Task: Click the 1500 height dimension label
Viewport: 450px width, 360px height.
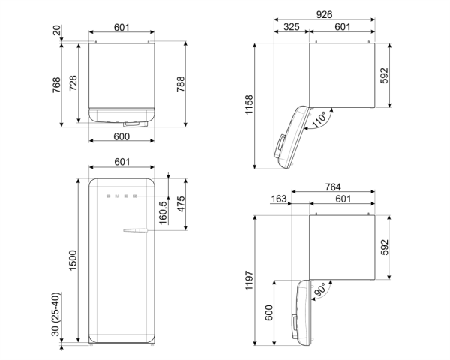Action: (73, 260)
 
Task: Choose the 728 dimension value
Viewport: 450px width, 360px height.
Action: (73, 82)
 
